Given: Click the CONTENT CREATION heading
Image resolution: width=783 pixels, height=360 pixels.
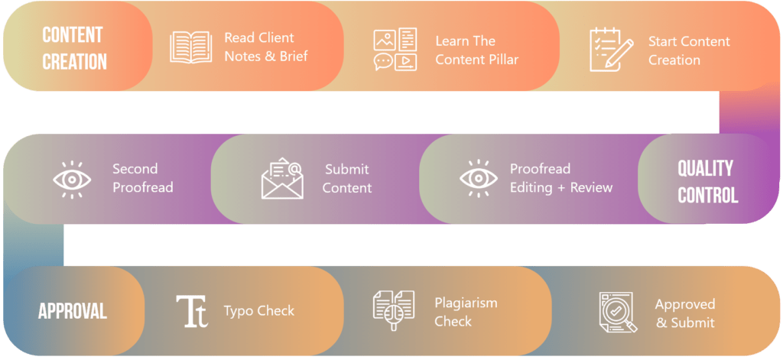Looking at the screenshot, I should (x=74, y=47).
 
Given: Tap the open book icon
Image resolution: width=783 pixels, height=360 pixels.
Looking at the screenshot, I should (x=191, y=47).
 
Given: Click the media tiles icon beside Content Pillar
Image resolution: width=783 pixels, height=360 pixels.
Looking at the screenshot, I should (x=395, y=50).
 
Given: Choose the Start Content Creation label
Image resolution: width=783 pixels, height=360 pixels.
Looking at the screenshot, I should (x=689, y=50).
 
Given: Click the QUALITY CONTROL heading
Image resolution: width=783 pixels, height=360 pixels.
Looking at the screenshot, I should (x=707, y=181).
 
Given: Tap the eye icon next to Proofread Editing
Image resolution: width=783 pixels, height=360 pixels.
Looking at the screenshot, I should (x=479, y=179).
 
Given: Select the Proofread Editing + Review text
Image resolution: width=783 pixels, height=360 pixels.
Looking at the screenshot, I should (x=561, y=178).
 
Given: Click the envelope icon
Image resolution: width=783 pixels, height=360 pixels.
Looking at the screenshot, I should (x=282, y=179).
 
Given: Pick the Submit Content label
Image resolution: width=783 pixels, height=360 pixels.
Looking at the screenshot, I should (x=346, y=178).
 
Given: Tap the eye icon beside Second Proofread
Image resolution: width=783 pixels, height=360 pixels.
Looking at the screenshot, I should (x=72, y=179).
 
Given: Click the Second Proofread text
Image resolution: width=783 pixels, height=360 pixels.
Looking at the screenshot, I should (x=142, y=178).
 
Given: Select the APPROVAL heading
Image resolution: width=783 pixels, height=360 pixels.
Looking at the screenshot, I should (x=73, y=311).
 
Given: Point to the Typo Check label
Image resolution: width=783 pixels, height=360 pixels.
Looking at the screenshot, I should (x=259, y=311).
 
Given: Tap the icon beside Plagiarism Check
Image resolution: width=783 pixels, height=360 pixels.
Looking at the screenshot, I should (x=394, y=311).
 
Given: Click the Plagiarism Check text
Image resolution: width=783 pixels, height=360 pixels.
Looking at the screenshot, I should (x=466, y=312).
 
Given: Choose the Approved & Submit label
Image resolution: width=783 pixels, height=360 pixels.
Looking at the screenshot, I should (x=685, y=313).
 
